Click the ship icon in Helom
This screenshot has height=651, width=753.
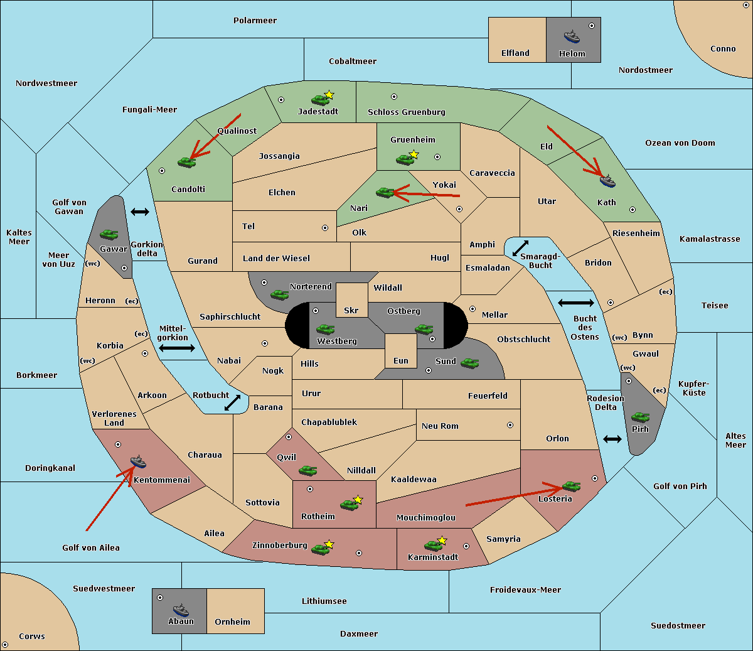(x=572, y=36)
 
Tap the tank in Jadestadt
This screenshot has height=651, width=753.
(x=320, y=100)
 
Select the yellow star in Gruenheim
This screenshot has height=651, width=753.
(x=414, y=154)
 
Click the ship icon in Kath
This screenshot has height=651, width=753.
(x=607, y=181)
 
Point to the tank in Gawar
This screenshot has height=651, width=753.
(x=109, y=234)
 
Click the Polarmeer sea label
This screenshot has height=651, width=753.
(x=255, y=21)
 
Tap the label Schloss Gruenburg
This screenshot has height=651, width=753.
(x=407, y=112)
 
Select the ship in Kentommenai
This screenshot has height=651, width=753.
(x=138, y=461)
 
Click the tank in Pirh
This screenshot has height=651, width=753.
(x=640, y=417)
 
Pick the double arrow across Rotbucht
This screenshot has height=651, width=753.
(x=232, y=403)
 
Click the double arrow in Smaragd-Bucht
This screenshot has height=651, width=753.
(x=520, y=248)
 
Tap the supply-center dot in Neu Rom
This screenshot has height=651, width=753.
(x=510, y=425)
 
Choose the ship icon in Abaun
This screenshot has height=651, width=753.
(x=181, y=610)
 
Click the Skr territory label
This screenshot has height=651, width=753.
(x=351, y=310)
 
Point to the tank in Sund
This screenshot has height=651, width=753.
(x=469, y=363)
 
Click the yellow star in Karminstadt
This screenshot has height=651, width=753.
(x=442, y=540)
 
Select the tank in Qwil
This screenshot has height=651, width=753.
(x=307, y=470)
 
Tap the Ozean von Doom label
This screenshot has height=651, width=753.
(x=680, y=143)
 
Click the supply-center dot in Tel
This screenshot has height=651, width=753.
(x=325, y=228)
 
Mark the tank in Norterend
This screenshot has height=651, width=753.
(x=279, y=294)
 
